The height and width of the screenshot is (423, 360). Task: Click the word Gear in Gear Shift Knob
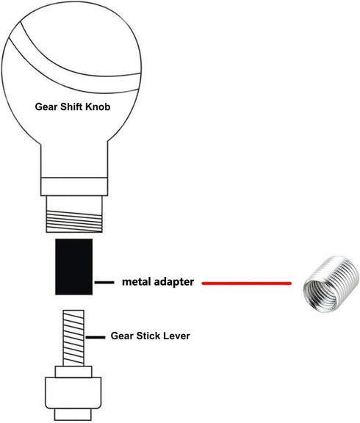(x=46, y=106)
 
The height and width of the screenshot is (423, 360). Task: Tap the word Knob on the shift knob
(x=98, y=106)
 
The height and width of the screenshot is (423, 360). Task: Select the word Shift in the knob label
(x=71, y=106)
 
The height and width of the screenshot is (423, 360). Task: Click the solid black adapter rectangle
(x=74, y=267)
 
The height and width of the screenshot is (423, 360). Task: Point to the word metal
(x=136, y=282)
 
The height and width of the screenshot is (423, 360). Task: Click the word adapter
(x=174, y=283)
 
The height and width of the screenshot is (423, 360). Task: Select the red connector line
(x=247, y=283)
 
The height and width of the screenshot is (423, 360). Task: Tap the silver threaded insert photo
(x=331, y=284)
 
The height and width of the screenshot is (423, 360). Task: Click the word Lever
(x=178, y=336)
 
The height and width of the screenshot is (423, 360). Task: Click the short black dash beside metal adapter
(x=104, y=283)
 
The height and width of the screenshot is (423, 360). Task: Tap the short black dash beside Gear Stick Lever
(x=96, y=337)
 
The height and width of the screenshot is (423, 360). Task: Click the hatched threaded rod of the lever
(x=73, y=338)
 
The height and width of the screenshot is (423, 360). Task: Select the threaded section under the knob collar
(x=74, y=221)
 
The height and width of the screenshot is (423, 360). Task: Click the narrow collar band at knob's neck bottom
(x=74, y=187)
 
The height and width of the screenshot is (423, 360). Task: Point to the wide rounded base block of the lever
(x=73, y=392)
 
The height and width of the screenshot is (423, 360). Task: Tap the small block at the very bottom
(x=73, y=414)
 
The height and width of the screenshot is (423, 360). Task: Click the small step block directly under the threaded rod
(x=73, y=372)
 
